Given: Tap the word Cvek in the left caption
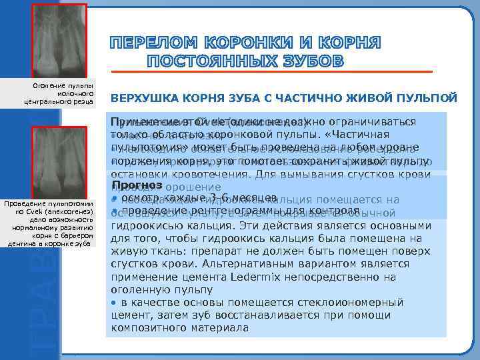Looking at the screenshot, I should (33, 212).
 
